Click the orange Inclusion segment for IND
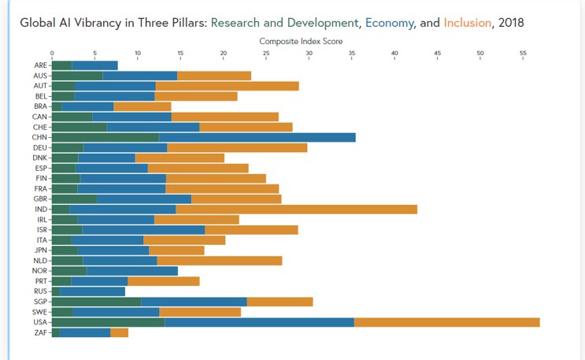296,209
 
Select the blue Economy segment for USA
259,322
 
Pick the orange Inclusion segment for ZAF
119,332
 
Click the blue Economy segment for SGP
194,302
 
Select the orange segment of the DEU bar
237,147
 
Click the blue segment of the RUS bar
92,291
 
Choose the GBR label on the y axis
41,199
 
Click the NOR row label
41,271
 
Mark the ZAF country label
41,332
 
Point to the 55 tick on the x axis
523,53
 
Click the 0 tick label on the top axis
52,53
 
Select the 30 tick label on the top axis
309,53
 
